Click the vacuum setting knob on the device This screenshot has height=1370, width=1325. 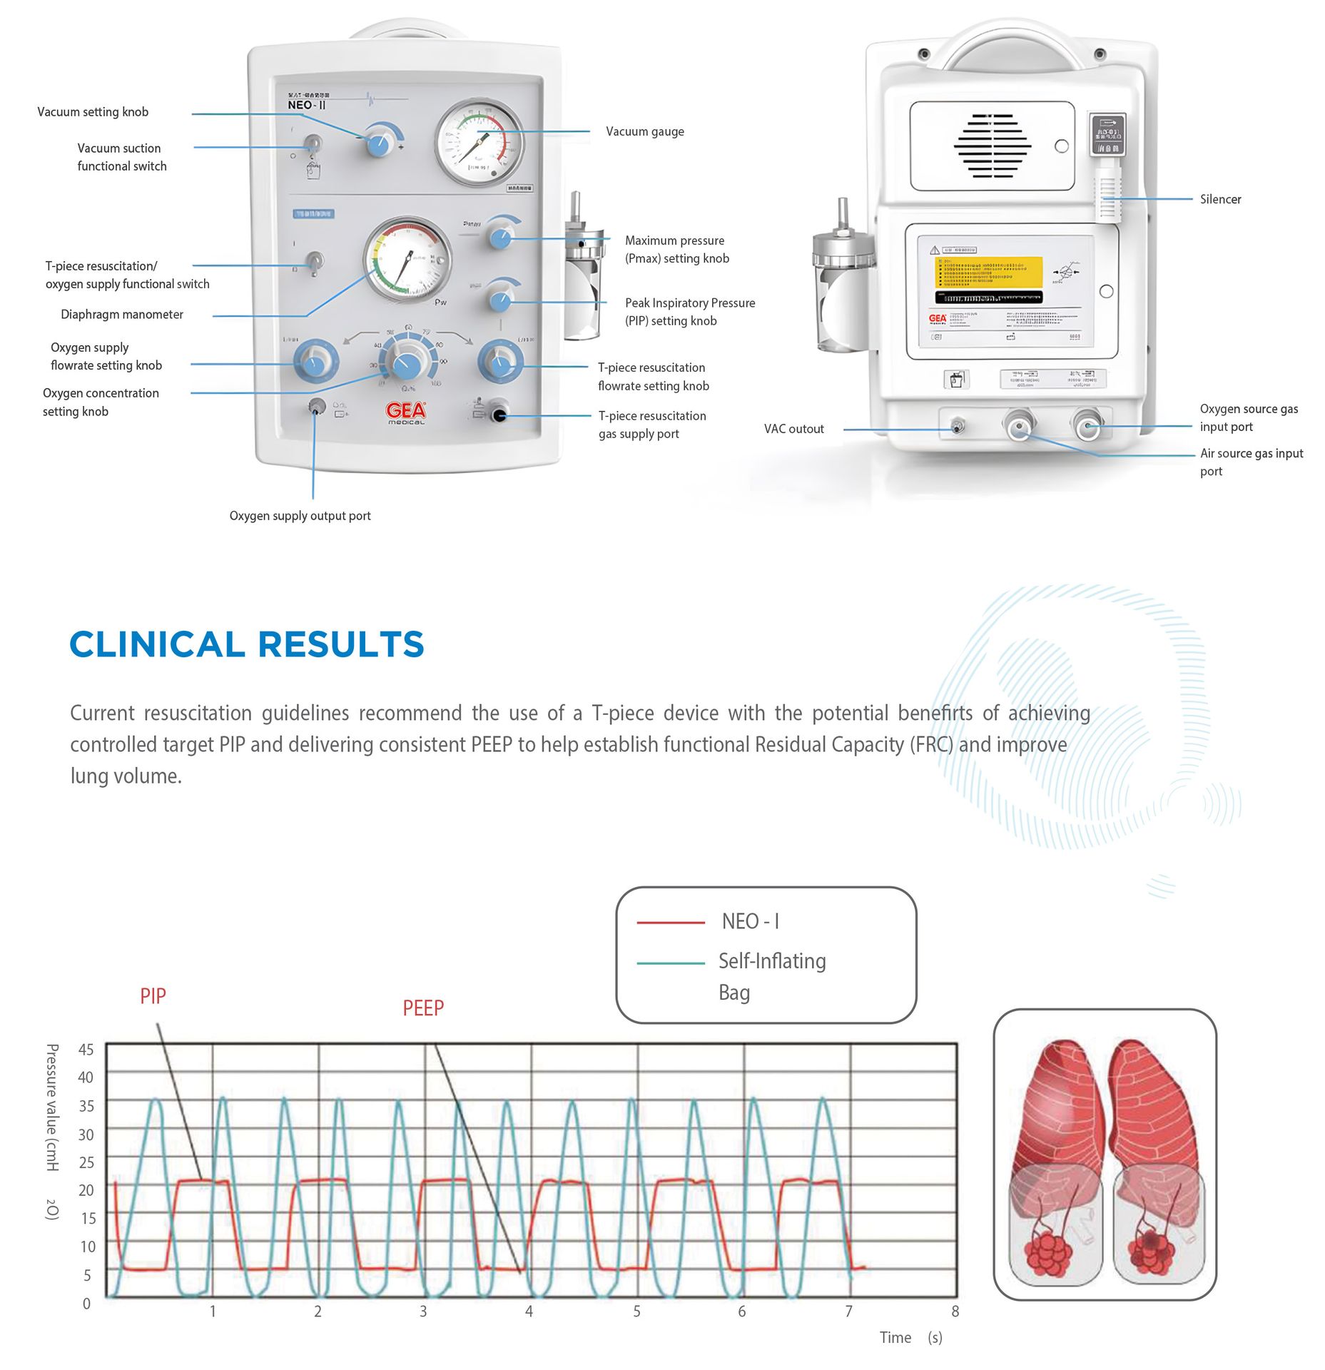pos(379,143)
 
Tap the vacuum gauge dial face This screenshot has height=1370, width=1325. pos(479,143)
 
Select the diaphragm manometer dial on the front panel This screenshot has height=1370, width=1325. pos(407,260)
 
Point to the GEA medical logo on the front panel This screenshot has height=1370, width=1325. pos(406,412)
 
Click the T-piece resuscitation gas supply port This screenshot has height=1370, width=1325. pos(499,415)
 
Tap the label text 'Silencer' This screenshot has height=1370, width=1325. pos(1220,199)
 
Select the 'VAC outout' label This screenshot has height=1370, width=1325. pos(793,429)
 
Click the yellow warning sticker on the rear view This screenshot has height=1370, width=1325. pos(988,271)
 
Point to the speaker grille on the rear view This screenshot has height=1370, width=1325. pos(992,146)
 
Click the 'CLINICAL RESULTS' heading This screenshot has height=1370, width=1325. pos(247,644)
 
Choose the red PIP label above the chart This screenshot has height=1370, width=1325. pos(153,996)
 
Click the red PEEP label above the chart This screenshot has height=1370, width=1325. pos(423,1008)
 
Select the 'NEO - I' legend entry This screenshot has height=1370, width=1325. pos(750,922)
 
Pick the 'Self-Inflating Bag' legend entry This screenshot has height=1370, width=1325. pos(771,975)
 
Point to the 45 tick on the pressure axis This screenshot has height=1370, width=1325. pos(86,1050)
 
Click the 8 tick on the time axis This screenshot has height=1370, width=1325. pos(955,1311)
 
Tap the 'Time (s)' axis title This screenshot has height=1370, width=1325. pos(910,1338)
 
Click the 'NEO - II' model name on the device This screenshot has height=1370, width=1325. pos(307,105)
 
